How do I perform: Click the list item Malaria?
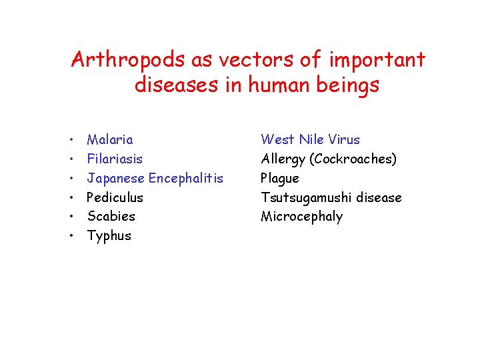[x=110, y=140]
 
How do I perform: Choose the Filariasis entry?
[x=115, y=159]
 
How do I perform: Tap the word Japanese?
[x=116, y=179]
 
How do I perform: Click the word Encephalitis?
[x=186, y=178]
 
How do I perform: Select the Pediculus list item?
[x=115, y=197]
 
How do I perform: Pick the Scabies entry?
[x=111, y=216]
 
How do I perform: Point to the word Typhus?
[x=109, y=236]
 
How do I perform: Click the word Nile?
[x=311, y=140]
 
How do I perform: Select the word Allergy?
[x=283, y=159]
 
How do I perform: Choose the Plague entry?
[x=280, y=179]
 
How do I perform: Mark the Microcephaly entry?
[x=301, y=217]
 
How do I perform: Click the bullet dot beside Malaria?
[x=71, y=141]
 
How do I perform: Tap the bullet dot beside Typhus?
[x=71, y=237]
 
